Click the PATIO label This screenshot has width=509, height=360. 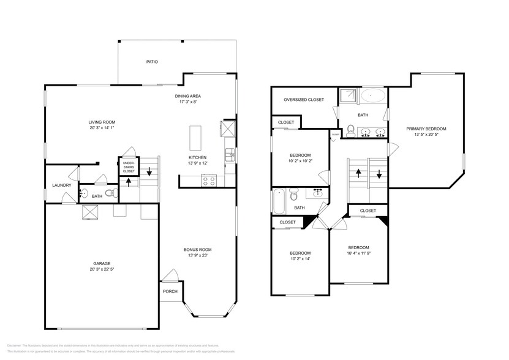click(x=152, y=62)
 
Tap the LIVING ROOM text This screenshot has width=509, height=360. click(x=102, y=122)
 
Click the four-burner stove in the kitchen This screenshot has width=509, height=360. click(x=209, y=181)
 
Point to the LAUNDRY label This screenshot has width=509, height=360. click(x=61, y=185)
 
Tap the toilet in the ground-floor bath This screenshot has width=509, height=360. click(x=110, y=193)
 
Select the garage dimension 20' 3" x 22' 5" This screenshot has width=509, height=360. click(x=102, y=269)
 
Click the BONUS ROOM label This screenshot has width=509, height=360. click(x=198, y=249)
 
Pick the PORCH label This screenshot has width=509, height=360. click(x=170, y=291)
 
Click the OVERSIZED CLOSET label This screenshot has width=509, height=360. click(x=304, y=100)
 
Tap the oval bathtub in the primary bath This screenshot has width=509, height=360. click(x=372, y=96)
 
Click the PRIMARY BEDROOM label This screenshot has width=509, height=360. click(x=426, y=129)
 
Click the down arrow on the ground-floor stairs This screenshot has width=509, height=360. click(x=149, y=172)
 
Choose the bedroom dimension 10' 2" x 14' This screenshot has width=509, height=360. click(x=300, y=259)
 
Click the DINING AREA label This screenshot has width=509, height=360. click(x=188, y=96)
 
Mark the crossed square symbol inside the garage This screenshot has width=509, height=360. click(x=91, y=211)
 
